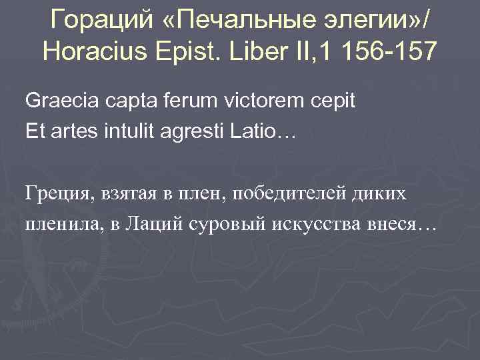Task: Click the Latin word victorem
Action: tap(256, 102)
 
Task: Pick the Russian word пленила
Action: tap(58, 224)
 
